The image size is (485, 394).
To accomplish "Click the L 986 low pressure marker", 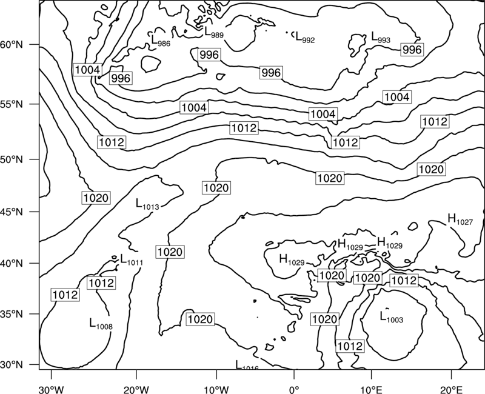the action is click(x=161, y=40).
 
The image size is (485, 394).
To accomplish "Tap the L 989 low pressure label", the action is click(x=214, y=32).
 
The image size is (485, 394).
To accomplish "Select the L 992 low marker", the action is click(x=305, y=37).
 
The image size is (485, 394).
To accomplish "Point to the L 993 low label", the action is click(x=381, y=37).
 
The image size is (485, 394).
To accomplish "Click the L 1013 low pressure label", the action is click(x=147, y=204).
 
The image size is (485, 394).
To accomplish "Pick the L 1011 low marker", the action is click(x=131, y=260).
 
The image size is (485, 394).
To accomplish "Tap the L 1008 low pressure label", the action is click(x=101, y=324).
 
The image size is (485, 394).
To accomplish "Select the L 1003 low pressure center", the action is click(x=391, y=316).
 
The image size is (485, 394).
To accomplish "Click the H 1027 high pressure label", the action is click(x=460, y=219).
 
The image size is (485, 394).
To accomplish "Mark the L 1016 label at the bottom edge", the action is click(x=247, y=365).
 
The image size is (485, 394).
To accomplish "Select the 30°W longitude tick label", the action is click(x=52, y=389).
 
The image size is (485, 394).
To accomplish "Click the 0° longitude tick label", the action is click(x=294, y=389).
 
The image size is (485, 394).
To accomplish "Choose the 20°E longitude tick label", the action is click(x=451, y=389).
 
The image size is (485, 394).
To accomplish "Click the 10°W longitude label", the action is click(x=216, y=389).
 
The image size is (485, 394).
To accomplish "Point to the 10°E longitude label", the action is click(x=372, y=389).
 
